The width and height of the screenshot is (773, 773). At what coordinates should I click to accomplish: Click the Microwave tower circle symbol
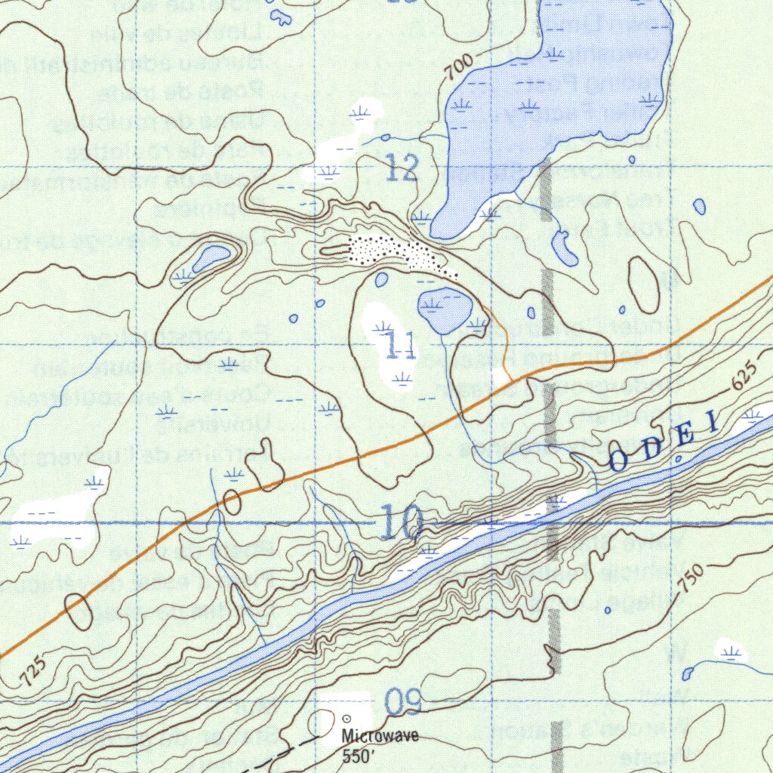coord(347,719)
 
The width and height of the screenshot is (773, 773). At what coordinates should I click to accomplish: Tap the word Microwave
coord(379,737)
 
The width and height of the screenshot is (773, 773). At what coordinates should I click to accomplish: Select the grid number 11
coord(399,346)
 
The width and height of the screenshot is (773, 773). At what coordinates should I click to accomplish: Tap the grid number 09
coord(401,702)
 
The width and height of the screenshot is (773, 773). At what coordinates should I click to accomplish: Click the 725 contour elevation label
coord(35,671)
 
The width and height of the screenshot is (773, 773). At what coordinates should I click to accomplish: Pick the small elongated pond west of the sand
coord(211,257)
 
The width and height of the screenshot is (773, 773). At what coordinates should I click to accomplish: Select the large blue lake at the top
coord(559,91)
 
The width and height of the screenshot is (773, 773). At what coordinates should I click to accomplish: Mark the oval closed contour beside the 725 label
coord(79,611)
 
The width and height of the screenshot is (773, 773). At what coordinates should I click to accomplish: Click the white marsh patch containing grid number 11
coord(386,344)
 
